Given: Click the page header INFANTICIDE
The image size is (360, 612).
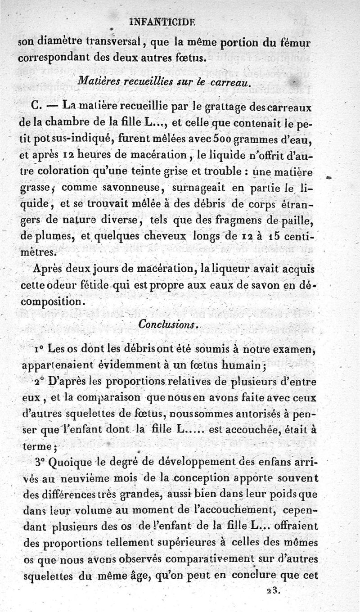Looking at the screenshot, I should click(x=168, y=21).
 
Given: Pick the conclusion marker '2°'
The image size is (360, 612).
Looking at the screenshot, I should click(x=39, y=382).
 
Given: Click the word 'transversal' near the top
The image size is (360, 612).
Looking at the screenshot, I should click(x=112, y=44).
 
